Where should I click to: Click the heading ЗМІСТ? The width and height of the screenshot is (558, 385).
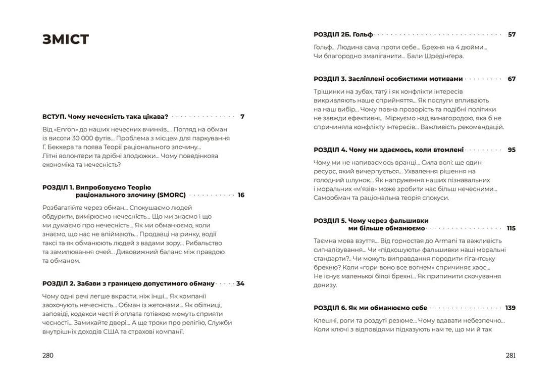tap(66, 39)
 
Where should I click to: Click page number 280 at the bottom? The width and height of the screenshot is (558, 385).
tap(48, 355)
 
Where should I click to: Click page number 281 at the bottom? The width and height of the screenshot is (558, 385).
tap(511, 355)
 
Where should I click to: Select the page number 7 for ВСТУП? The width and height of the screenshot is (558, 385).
tap(242, 116)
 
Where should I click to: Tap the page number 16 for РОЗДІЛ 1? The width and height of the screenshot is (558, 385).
tap(241, 195)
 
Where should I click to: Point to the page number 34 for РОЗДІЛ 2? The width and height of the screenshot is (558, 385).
tap(240, 283)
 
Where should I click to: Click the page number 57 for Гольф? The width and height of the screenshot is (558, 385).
tap(512, 34)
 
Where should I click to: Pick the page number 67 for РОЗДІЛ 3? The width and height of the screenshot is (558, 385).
tap(512, 79)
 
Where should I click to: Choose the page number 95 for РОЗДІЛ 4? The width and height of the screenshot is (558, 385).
tap(512, 150)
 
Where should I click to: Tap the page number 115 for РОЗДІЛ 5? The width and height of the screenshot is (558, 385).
tap(511, 228)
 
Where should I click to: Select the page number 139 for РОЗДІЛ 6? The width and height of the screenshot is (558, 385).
tap(511, 308)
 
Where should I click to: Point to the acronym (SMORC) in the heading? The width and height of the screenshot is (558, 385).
tap(172, 195)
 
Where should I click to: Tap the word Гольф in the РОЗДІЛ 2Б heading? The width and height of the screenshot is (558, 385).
tap(363, 34)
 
